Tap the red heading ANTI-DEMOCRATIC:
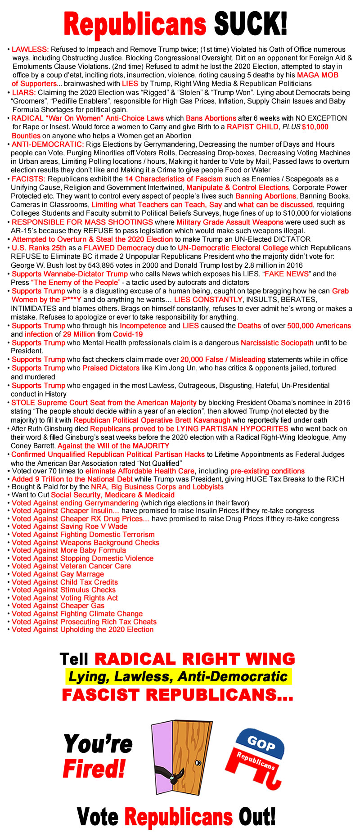point(48,144)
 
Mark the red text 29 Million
point(79,334)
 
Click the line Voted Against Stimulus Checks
point(63,590)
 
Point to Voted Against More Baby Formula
point(69,550)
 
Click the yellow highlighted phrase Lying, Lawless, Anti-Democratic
point(178,676)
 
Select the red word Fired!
point(94,769)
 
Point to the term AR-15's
point(27,231)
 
